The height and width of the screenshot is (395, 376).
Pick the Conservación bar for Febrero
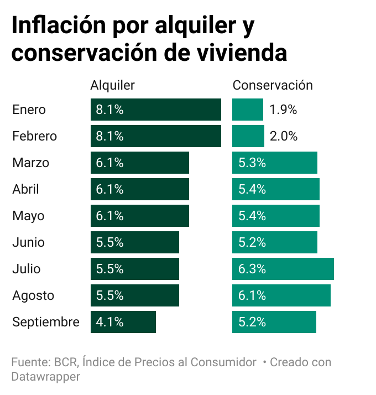(248, 136)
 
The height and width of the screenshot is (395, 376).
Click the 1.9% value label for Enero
(283, 110)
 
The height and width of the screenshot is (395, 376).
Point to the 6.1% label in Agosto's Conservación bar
(252, 295)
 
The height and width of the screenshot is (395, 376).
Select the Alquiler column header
(112, 85)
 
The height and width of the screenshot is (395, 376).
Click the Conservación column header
(273, 85)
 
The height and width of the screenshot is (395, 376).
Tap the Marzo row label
(30, 163)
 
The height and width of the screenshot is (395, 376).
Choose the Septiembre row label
(46, 322)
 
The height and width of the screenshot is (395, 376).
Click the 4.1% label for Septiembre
(109, 322)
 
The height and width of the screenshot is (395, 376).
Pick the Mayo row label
(28, 216)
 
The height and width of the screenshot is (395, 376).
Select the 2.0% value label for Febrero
(284, 136)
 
